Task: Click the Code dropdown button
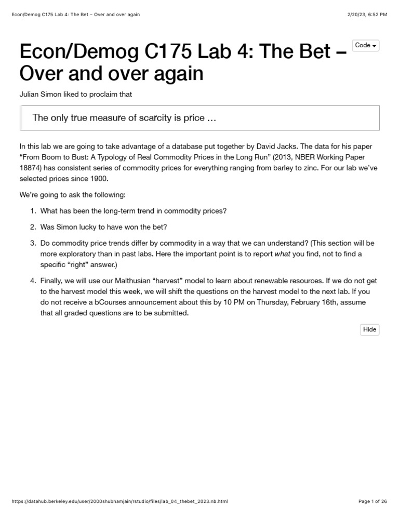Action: pyautogui.click(x=365, y=46)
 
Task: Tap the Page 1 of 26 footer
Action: pyautogui.click(x=373, y=501)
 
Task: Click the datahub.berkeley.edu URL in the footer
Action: pyautogui.click(x=119, y=501)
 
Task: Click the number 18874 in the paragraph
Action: pyautogui.click(x=31, y=168)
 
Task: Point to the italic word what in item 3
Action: pyautogui.click(x=282, y=254)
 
